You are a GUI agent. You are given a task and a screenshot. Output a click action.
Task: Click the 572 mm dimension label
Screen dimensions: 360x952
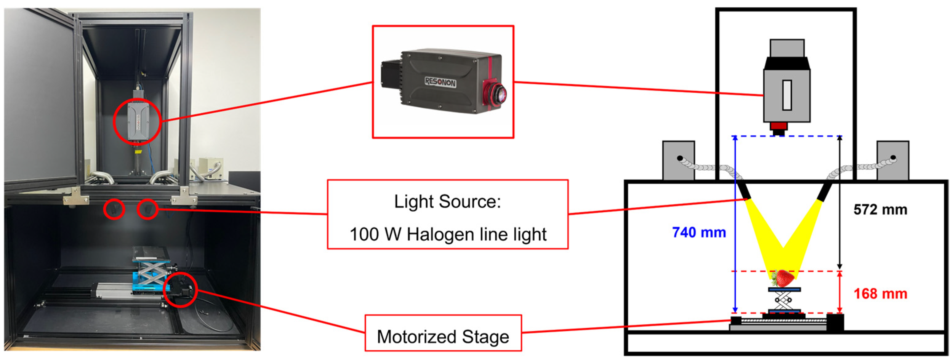[880, 210]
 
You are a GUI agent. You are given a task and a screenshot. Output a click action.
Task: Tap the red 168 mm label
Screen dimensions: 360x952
[880, 294]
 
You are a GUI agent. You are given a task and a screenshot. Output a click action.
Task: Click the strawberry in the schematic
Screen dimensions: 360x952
[783, 278]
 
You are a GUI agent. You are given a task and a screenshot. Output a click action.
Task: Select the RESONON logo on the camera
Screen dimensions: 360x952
[440, 82]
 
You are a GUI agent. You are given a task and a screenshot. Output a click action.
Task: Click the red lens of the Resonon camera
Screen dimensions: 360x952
[495, 94]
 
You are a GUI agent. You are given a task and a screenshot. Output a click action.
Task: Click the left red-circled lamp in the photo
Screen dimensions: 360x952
[114, 210]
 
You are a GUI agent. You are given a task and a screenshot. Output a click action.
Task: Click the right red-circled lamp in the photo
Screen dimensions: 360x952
[148, 210]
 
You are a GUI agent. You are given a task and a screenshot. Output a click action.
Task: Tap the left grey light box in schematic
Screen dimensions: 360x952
[678, 160]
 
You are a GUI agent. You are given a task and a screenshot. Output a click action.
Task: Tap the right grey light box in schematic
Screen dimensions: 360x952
[893, 160]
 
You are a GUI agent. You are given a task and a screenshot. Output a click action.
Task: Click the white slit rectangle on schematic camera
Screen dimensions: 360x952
[787, 95]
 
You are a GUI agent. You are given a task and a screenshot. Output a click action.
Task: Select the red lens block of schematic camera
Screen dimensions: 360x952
[779, 126]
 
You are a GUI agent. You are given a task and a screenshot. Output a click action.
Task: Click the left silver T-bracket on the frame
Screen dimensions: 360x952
[76, 196]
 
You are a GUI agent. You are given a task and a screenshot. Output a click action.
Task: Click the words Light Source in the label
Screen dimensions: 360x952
[447, 202]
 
